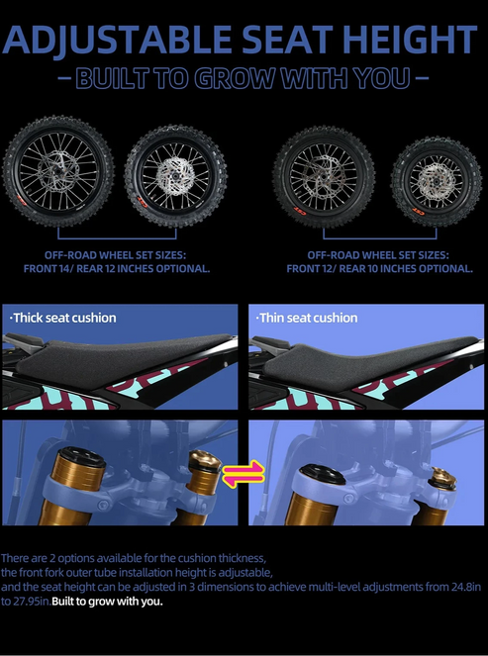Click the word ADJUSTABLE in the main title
point(117,40)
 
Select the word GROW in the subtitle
point(235,78)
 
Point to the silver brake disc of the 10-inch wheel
point(437,182)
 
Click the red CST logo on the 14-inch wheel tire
point(22,200)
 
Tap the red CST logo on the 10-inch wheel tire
point(419,212)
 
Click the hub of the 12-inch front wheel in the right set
point(324,176)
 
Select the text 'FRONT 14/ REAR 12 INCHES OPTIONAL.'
point(117,268)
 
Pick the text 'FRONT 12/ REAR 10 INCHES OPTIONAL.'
point(379,268)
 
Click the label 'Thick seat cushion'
point(62,318)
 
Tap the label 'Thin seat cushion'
point(307,318)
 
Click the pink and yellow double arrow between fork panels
point(244,474)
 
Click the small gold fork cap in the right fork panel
point(442,477)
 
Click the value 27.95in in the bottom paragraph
point(25,602)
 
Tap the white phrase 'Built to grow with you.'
point(107,602)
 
